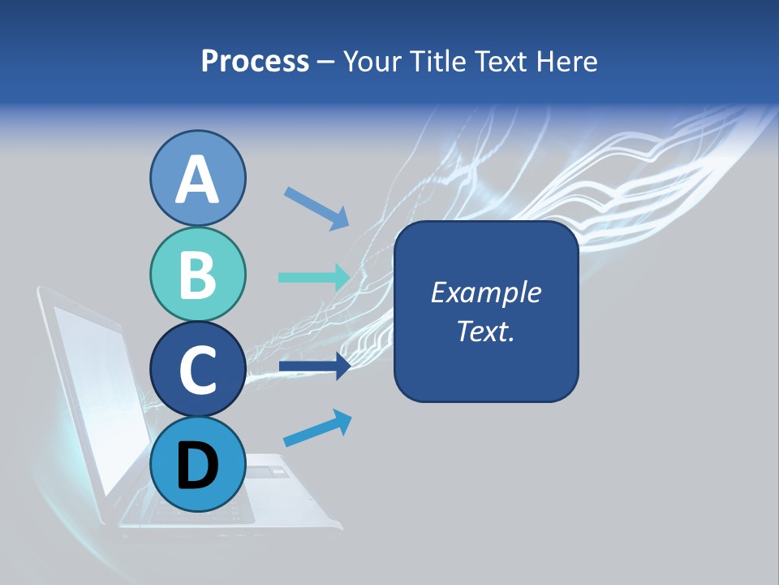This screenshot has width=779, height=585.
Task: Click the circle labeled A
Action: click(x=198, y=179)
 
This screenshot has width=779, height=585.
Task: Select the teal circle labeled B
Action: click(x=198, y=275)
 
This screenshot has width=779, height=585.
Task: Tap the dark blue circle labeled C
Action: click(x=198, y=370)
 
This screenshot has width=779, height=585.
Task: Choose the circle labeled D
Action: click(x=198, y=465)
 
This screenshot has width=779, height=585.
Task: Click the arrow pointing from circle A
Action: click(x=316, y=208)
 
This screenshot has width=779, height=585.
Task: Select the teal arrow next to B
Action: click(x=315, y=277)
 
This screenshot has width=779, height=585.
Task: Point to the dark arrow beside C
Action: click(x=315, y=367)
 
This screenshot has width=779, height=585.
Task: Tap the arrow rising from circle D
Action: click(x=317, y=429)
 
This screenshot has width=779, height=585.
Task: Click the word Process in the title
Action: click(x=255, y=61)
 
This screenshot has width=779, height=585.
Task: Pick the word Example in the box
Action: click(x=485, y=292)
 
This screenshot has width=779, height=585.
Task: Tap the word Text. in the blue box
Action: click(x=485, y=331)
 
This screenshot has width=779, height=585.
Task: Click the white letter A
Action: click(x=198, y=180)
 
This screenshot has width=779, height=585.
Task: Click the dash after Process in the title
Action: click(x=325, y=63)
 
